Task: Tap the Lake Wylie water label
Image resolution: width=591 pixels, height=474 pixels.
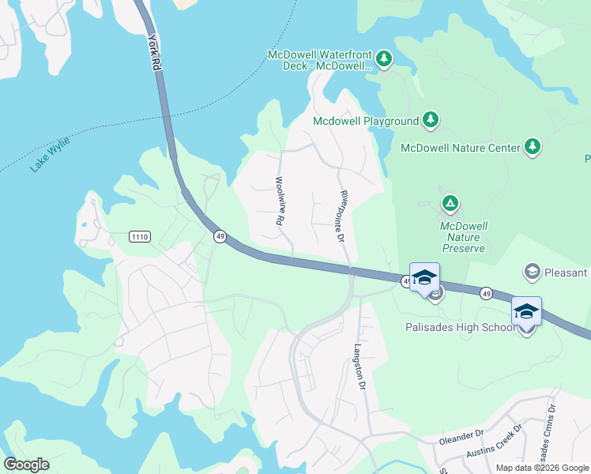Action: [x=51, y=155]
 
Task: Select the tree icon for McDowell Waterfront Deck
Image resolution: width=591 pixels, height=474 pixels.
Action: [x=383, y=58]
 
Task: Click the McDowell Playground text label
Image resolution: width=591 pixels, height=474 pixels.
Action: [x=365, y=121]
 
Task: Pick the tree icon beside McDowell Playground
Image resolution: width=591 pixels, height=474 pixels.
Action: [x=430, y=120]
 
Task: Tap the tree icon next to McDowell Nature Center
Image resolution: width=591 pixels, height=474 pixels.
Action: [x=533, y=147]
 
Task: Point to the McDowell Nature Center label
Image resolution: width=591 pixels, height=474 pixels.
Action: [x=461, y=148]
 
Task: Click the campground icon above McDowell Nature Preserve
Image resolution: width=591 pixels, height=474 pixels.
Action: [x=450, y=204]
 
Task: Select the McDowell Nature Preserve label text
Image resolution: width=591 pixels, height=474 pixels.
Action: [x=463, y=237]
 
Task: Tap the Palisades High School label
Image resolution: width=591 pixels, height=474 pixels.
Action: [x=459, y=327]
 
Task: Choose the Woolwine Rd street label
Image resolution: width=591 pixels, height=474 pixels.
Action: [x=280, y=201]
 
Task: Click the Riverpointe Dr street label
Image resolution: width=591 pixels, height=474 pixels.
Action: [x=342, y=215]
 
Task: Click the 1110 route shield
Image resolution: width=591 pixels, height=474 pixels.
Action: [x=140, y=236]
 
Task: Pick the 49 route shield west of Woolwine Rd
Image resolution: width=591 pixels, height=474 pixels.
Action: [x=220, y=236]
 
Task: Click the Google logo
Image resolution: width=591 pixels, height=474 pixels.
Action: [x=26, y=464]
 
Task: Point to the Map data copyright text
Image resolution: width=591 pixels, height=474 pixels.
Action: [x=542, y=468]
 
